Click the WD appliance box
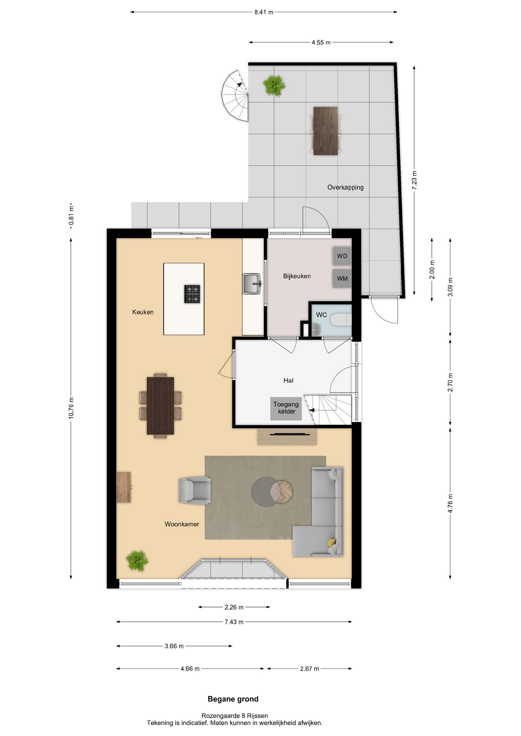click(x=342, y=256)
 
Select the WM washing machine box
click(x=342, y=278)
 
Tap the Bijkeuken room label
click(x=297, y=276)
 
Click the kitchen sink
click(x=252, y=284)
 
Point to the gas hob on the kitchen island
click(x=192, y=294)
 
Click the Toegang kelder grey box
click(x=286, y=408)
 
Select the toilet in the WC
click(x=341, y=320)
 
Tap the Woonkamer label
click(x=182, y=524)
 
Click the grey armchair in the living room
click(x=195, y=490)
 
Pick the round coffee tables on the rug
click(x=272, y=491)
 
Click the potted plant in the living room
click(x=137, y=561)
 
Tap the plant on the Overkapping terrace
click(x=274, y=85)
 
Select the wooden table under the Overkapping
click(x=325, y=131)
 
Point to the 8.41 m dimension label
click(x=264, y=12)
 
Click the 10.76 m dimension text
click(x=71, y=408)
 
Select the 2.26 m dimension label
click(x=234, y=607)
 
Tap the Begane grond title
click(x=233, y=699)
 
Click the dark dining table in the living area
click(x=160, y=406)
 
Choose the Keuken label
click(x=143, y=312)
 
